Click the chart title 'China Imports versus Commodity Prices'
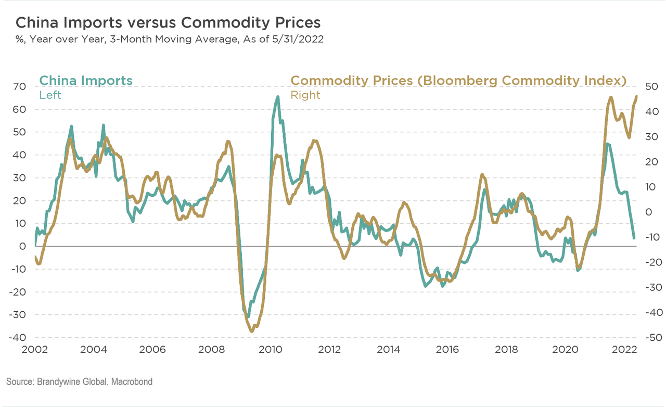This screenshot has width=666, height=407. coord(168,23)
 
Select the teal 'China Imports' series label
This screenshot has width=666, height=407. coord(86,81)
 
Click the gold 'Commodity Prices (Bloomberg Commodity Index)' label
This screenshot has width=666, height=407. coord(458,81)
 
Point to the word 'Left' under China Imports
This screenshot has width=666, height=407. coord(50,95)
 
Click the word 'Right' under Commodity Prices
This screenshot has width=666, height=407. coord(305,95)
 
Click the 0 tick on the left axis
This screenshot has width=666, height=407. coord(23,246)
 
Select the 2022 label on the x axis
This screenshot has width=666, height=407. coord(623,350)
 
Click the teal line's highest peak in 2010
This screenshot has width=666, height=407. coord(277,97)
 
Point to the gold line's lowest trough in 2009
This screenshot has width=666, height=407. coord(252,330)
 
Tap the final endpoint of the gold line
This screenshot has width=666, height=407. coord(636,96)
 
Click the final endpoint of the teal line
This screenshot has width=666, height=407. coord(634,238)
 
